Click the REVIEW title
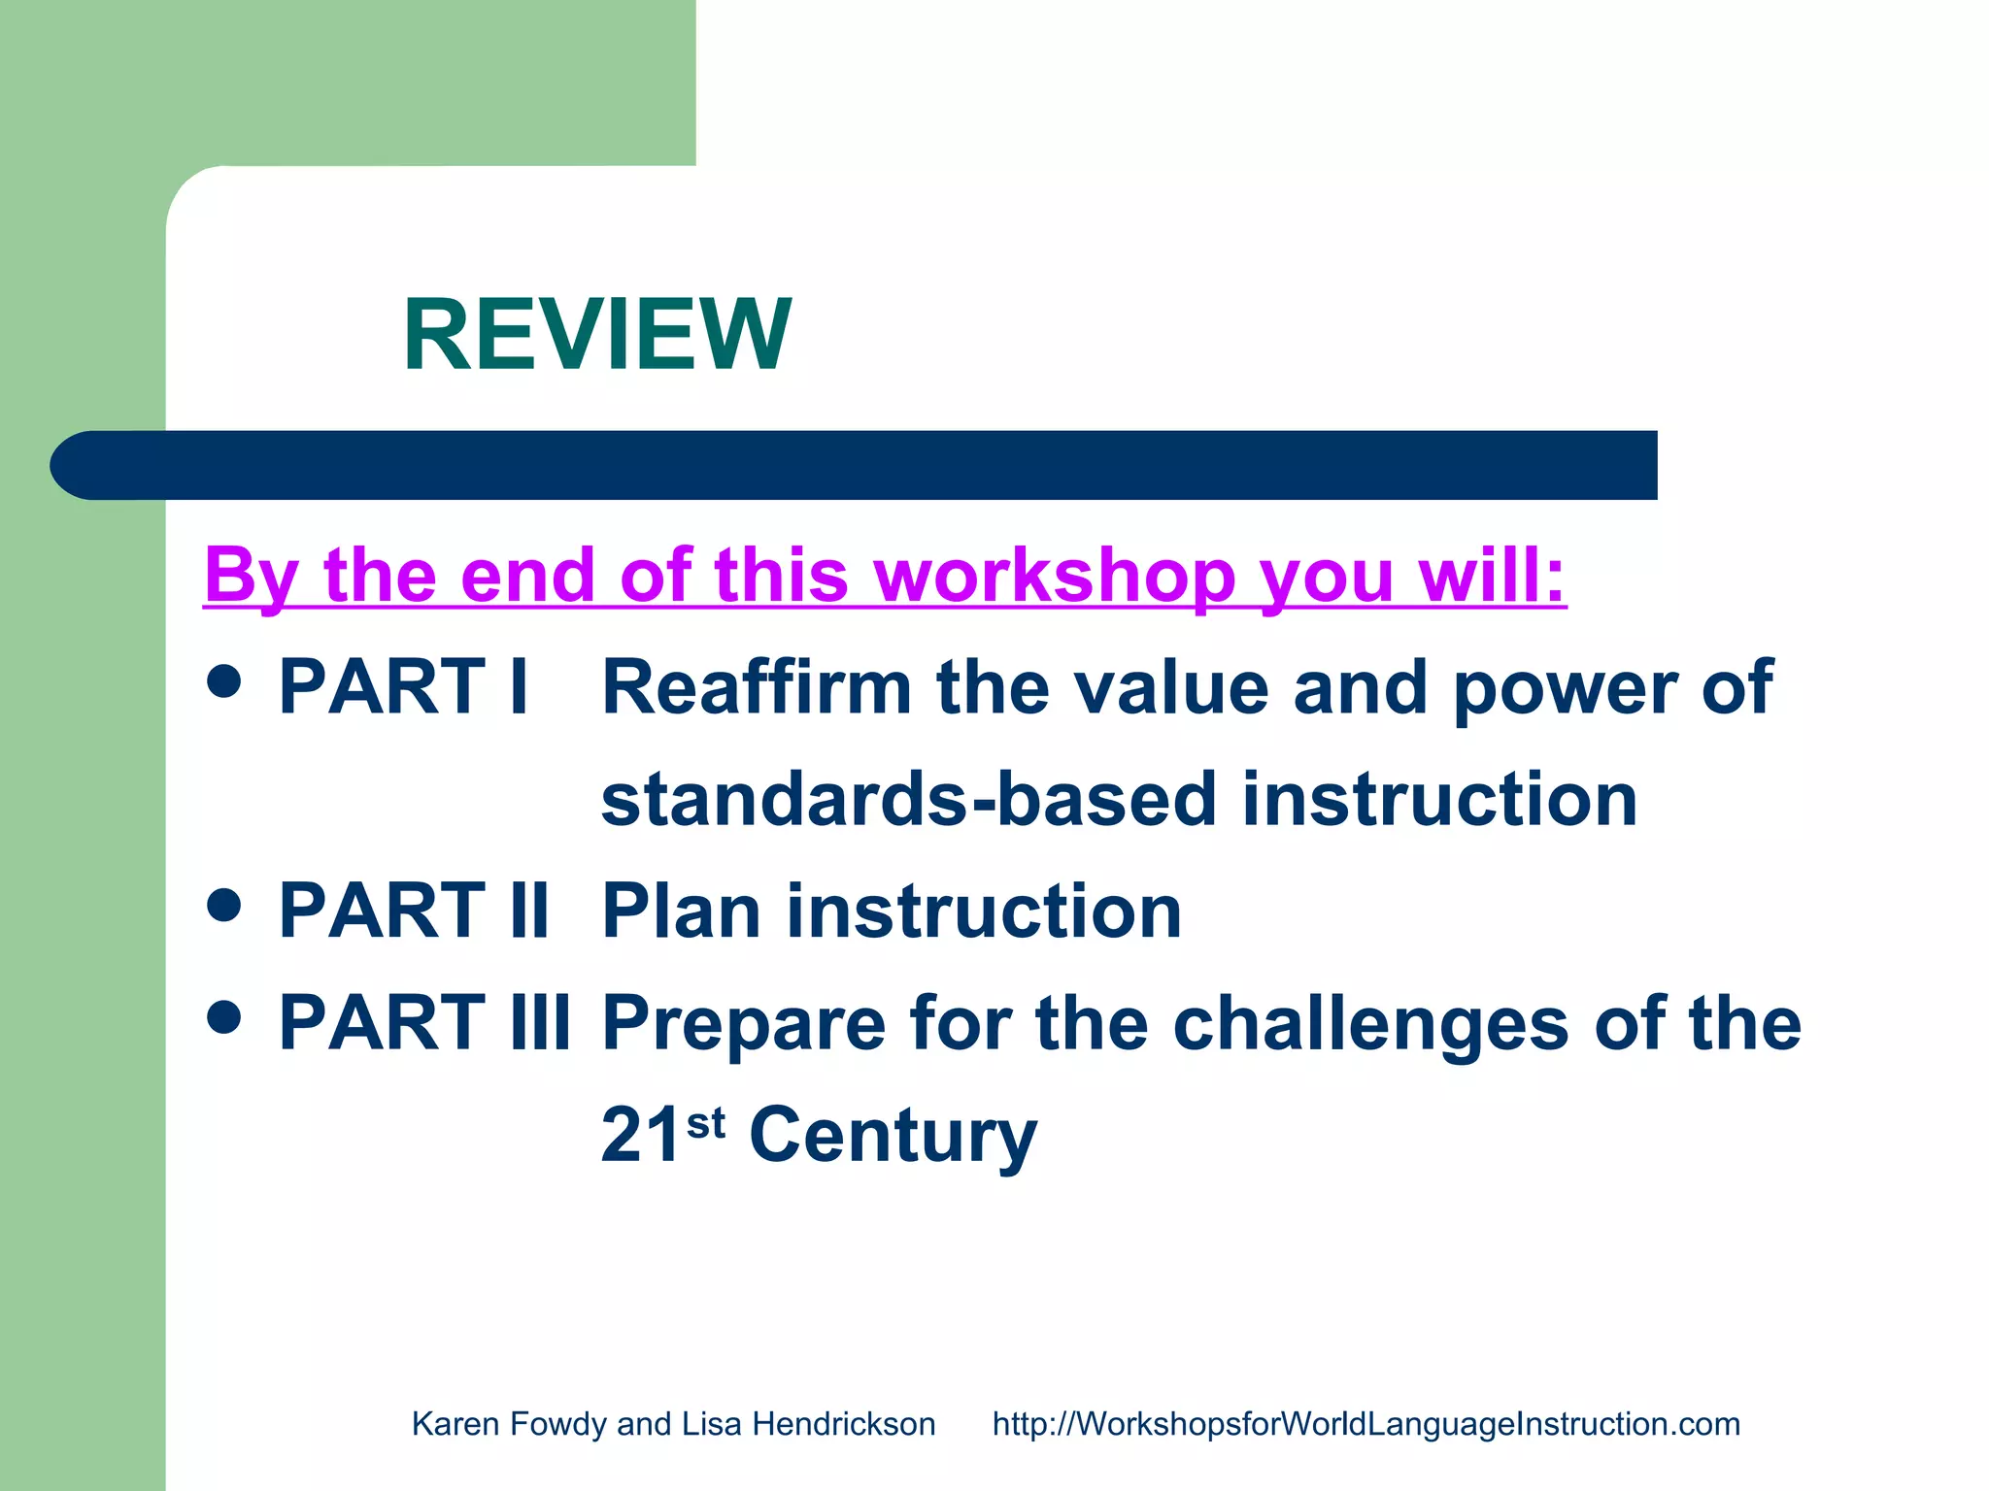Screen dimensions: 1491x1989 pyautogui.click(x=596, y=335)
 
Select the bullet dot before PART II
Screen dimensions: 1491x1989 pyautogui.click(x=224, y=905)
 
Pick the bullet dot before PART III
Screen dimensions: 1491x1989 pyautogui.click(x=224, y=1017)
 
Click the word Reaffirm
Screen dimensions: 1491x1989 pyautogui.click(x=757, y=687)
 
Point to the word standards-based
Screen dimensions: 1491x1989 pyautogui.click(x=908, y=800)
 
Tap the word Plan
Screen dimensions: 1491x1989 pyautogui.click(x=681, y=911)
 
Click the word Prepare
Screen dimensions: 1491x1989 pyautogui.click(x=744, y=1023)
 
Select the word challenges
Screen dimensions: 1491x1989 pyautogui.click(x=1370, y=1025)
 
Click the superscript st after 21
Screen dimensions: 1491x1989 pyautogui.click(x=706, y=1123)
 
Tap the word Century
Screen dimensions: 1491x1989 pyautogui.click(x=893, y=1136)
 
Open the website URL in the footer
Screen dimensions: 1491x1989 pyautogui.click(x=1365, y=1424)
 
